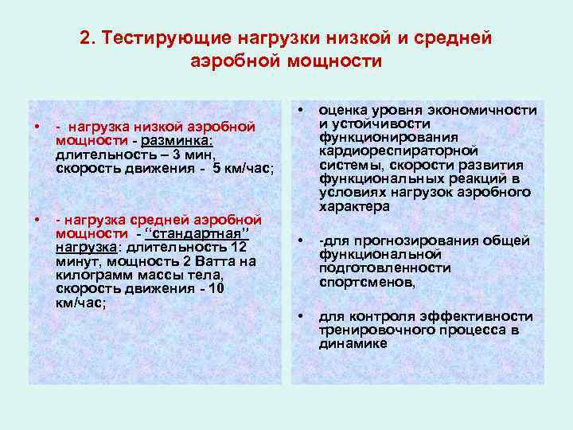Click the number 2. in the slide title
click(x=88, y=38)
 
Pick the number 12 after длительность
click(x=238, y=247)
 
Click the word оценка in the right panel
click(x=343, y=111)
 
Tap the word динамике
click(x=353, y=343)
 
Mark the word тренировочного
click(x=371, y=330)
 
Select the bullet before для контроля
click(x=301, y=316)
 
